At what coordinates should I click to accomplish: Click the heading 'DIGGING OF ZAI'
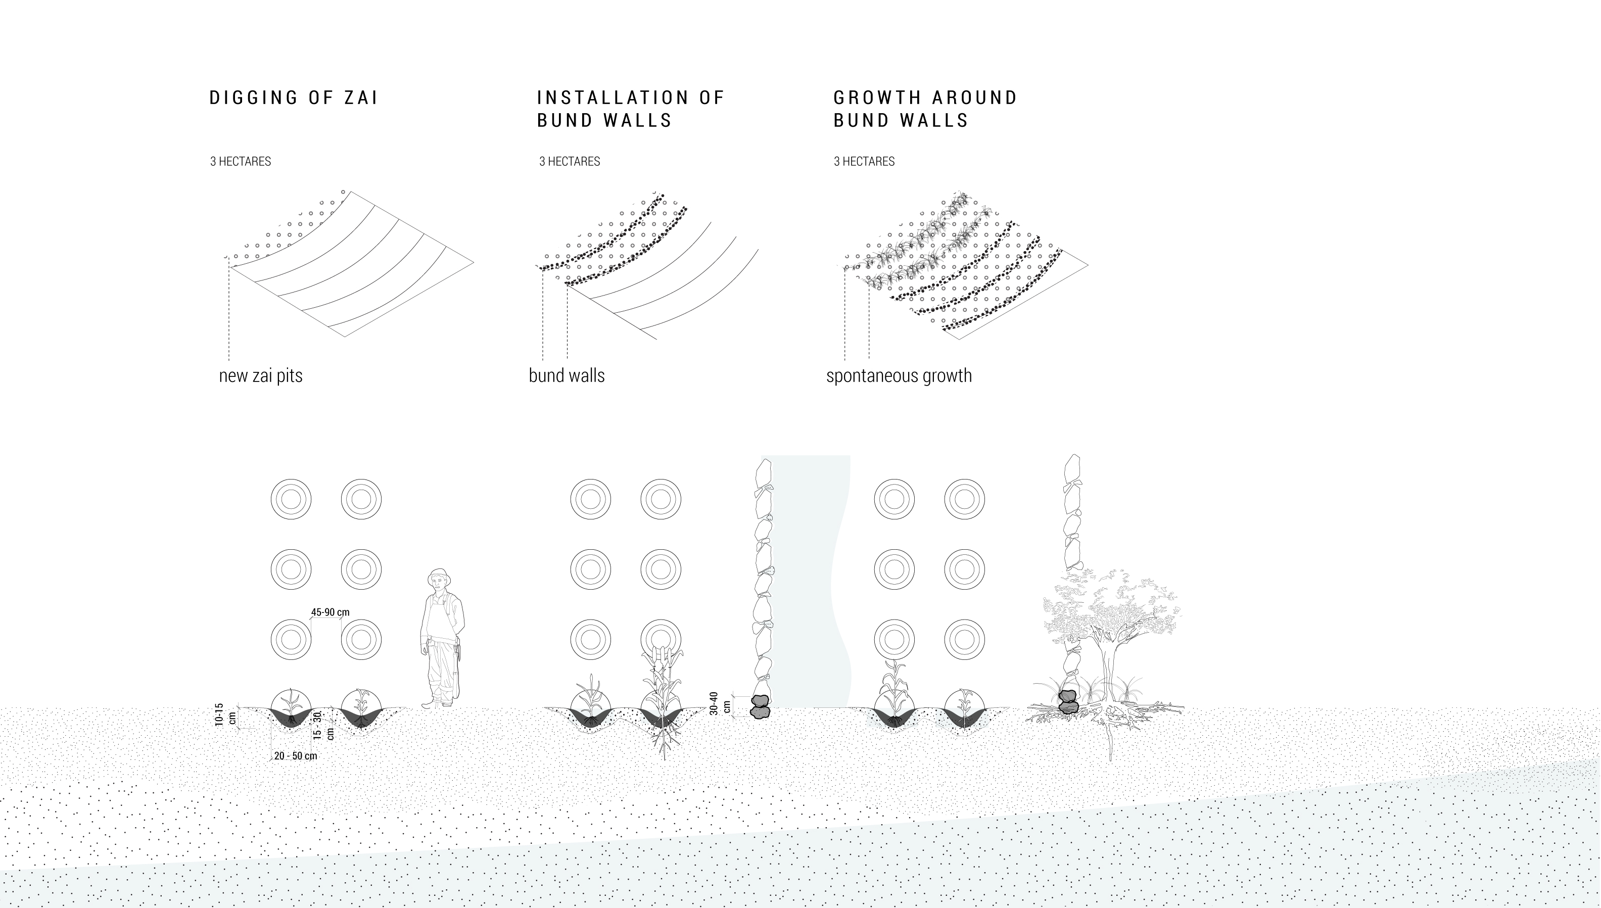(294, 98)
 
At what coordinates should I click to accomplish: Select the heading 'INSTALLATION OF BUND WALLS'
(630, 109)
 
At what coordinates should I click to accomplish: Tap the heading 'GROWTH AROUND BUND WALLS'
(925, 109)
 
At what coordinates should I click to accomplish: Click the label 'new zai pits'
(261, 376)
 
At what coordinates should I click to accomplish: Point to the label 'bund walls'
(567, 376)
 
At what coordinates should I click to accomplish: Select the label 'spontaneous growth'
(899, 376)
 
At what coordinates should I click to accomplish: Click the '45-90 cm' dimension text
(330, 612)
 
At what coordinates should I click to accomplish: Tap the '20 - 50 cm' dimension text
(296, 756)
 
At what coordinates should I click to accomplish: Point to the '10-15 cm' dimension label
(224, 714)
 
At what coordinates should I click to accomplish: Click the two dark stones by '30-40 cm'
(760, 706)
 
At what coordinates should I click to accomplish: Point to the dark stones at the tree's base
(1068, 701)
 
